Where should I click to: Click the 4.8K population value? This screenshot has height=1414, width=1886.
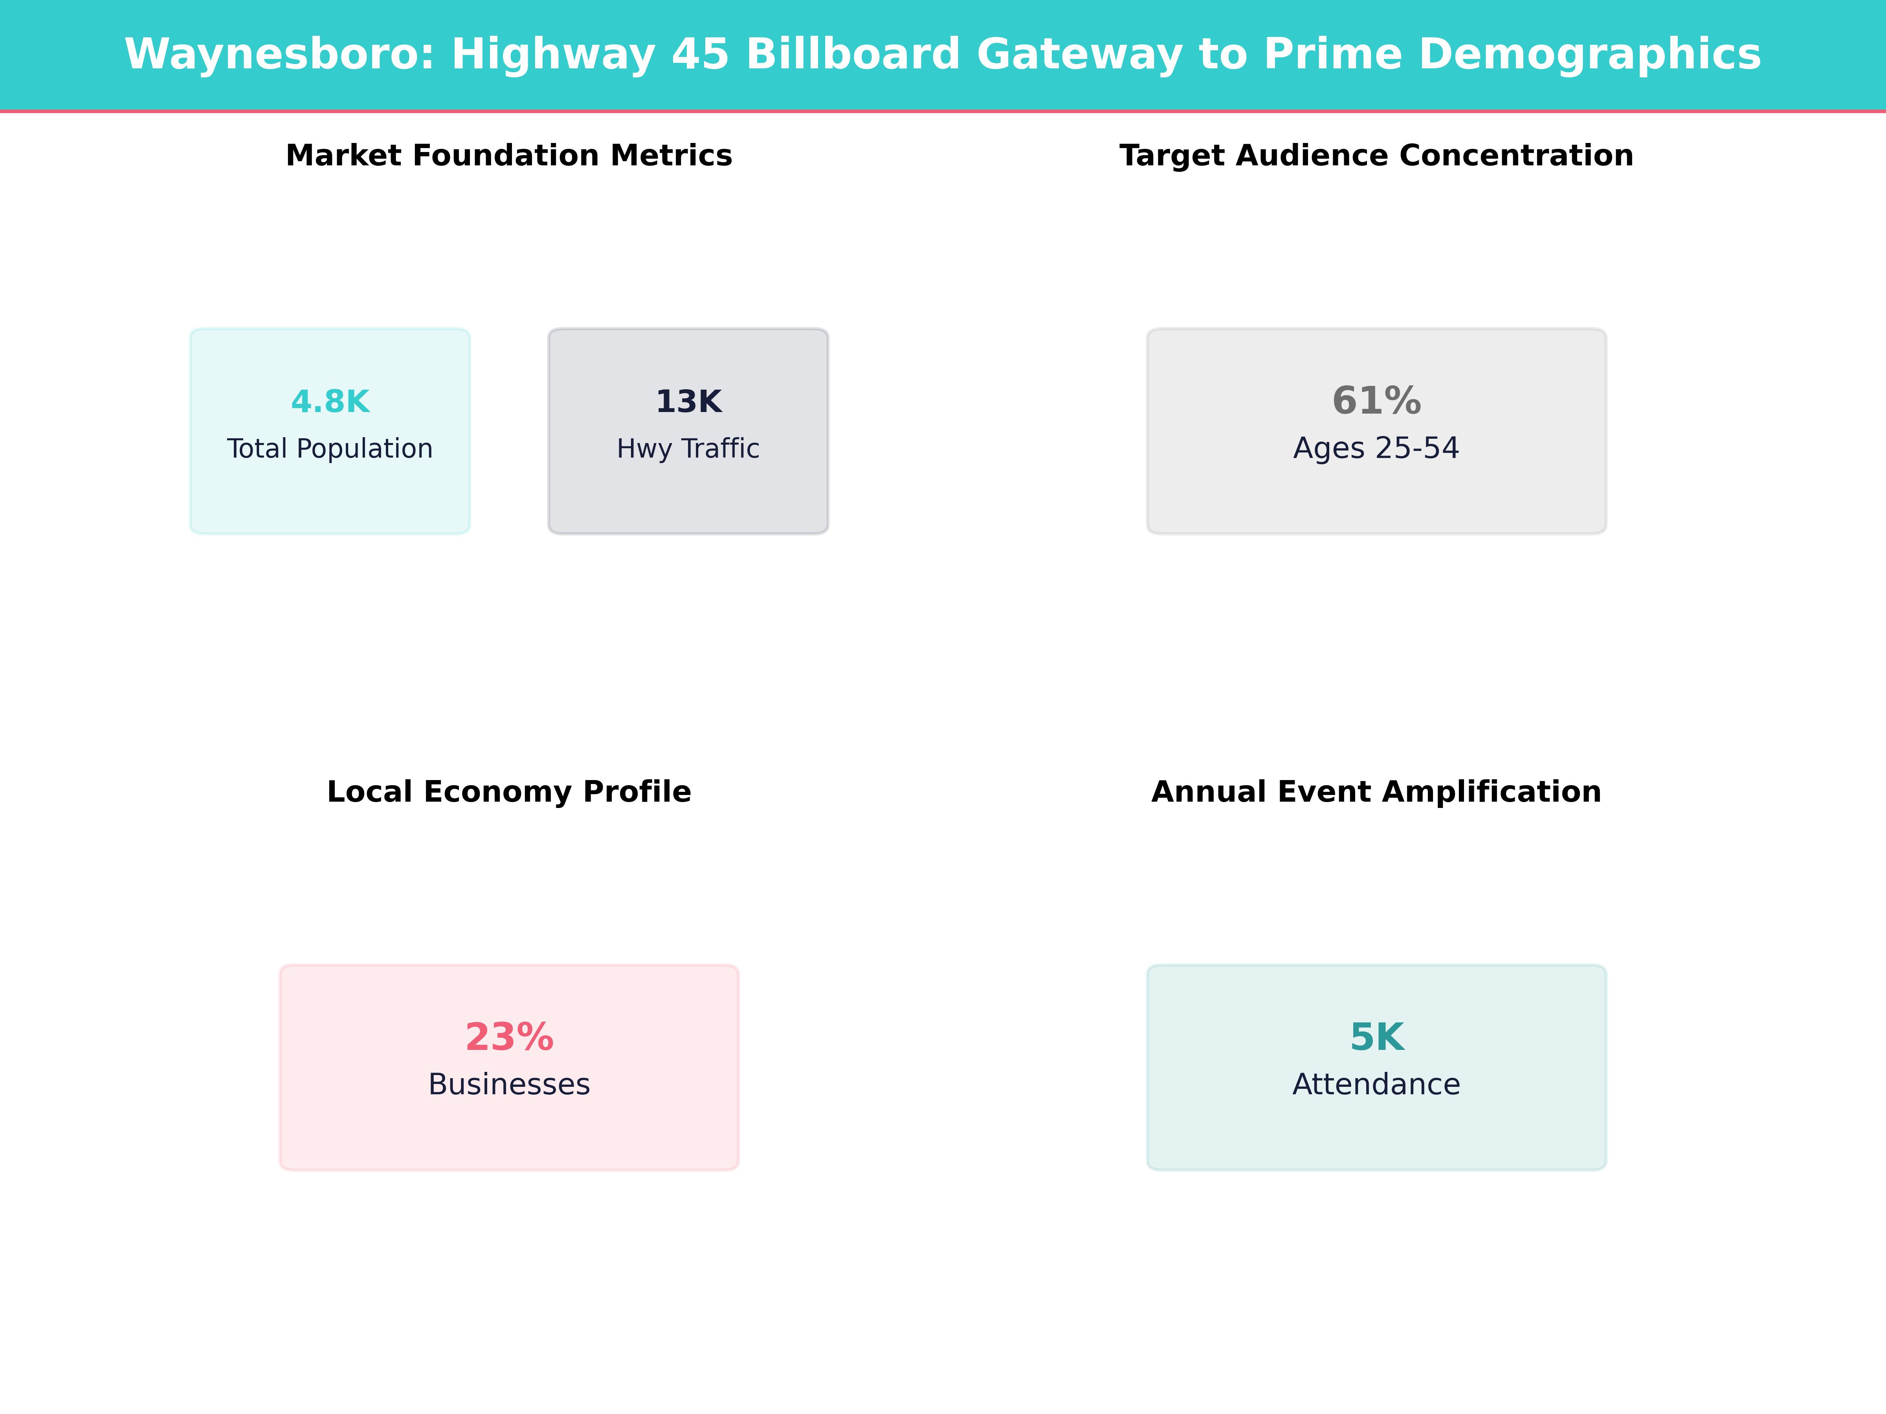330,401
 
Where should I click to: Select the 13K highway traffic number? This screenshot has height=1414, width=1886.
688,401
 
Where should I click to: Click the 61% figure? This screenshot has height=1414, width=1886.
1376,401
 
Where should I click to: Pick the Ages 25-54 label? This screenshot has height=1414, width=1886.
1376,448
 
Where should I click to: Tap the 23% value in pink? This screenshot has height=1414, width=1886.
509,1037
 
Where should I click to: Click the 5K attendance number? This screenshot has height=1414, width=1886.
1376,1037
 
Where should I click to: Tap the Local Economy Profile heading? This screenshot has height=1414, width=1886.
509,792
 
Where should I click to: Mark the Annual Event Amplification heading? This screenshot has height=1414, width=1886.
1376,792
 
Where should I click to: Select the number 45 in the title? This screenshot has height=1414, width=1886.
700,55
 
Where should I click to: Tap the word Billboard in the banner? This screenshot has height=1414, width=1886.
853,55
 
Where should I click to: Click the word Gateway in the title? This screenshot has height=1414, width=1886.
1079,55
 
